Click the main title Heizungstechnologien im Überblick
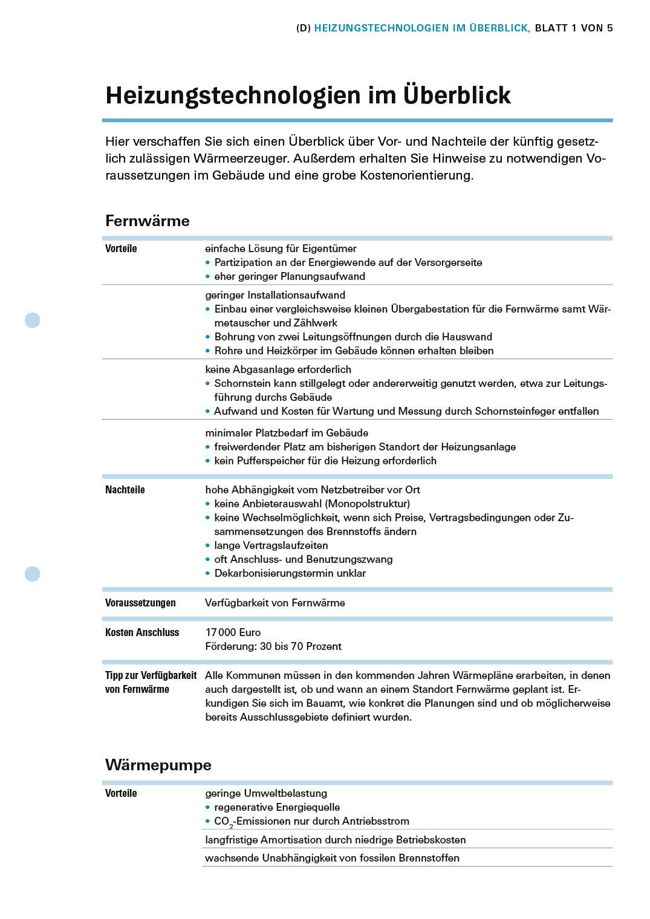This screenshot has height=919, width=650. coord(308,96)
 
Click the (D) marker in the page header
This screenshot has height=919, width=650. coord(304,28)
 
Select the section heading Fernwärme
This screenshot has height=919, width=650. coord(147,221)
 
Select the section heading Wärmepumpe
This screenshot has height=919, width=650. coord(158,765)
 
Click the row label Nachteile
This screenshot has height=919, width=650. coord(125,490)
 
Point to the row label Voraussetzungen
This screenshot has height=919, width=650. coord(140,603)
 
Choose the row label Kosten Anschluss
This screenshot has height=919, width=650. coord(142,632)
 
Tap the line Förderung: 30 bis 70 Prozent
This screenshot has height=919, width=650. coord(273,646)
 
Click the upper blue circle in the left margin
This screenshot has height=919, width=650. coord(33,320)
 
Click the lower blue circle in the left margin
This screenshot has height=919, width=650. coord(33,574)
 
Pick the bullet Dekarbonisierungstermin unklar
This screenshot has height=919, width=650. coord(290,573)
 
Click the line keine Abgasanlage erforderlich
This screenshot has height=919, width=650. coord(278,369)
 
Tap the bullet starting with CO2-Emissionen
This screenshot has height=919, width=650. coord(311,821)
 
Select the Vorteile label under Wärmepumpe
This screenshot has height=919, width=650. coord(121,793)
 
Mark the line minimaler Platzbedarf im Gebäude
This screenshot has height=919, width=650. coord(287,433)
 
